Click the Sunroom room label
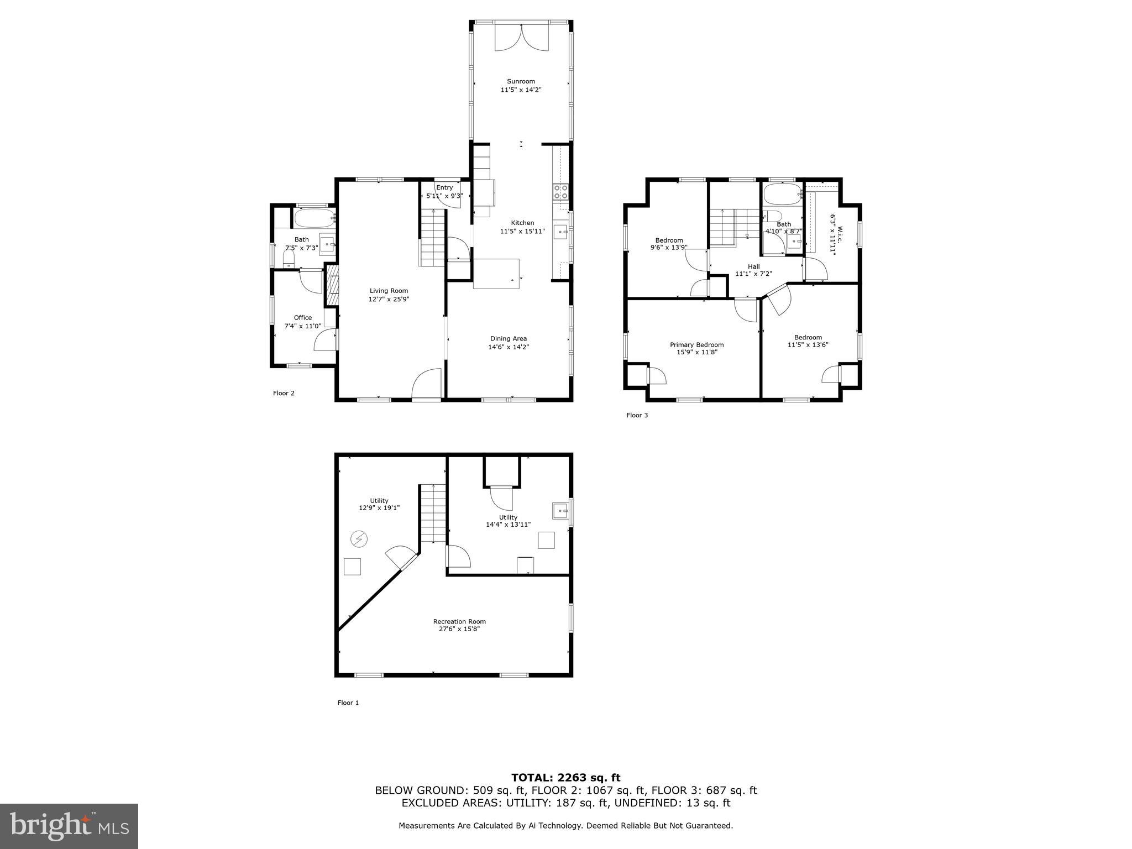(521, 81)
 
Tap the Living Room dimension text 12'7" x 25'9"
(389, 299)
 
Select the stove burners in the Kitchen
(560, 192)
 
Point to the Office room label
(302, 317)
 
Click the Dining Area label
(508, 338)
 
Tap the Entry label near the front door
(444, 187)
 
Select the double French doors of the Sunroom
(521, 38)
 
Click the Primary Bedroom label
(696, 344)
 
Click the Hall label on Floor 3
(753, 266)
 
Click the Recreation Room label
(459, 621)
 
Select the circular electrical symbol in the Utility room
(359, 538)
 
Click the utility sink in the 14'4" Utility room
(560, 511)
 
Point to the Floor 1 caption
(348, 703)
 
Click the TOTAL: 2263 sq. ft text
(565, 778)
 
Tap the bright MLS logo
(69, 826)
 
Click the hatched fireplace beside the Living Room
(332, 285)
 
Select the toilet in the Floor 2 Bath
(289, 259)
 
